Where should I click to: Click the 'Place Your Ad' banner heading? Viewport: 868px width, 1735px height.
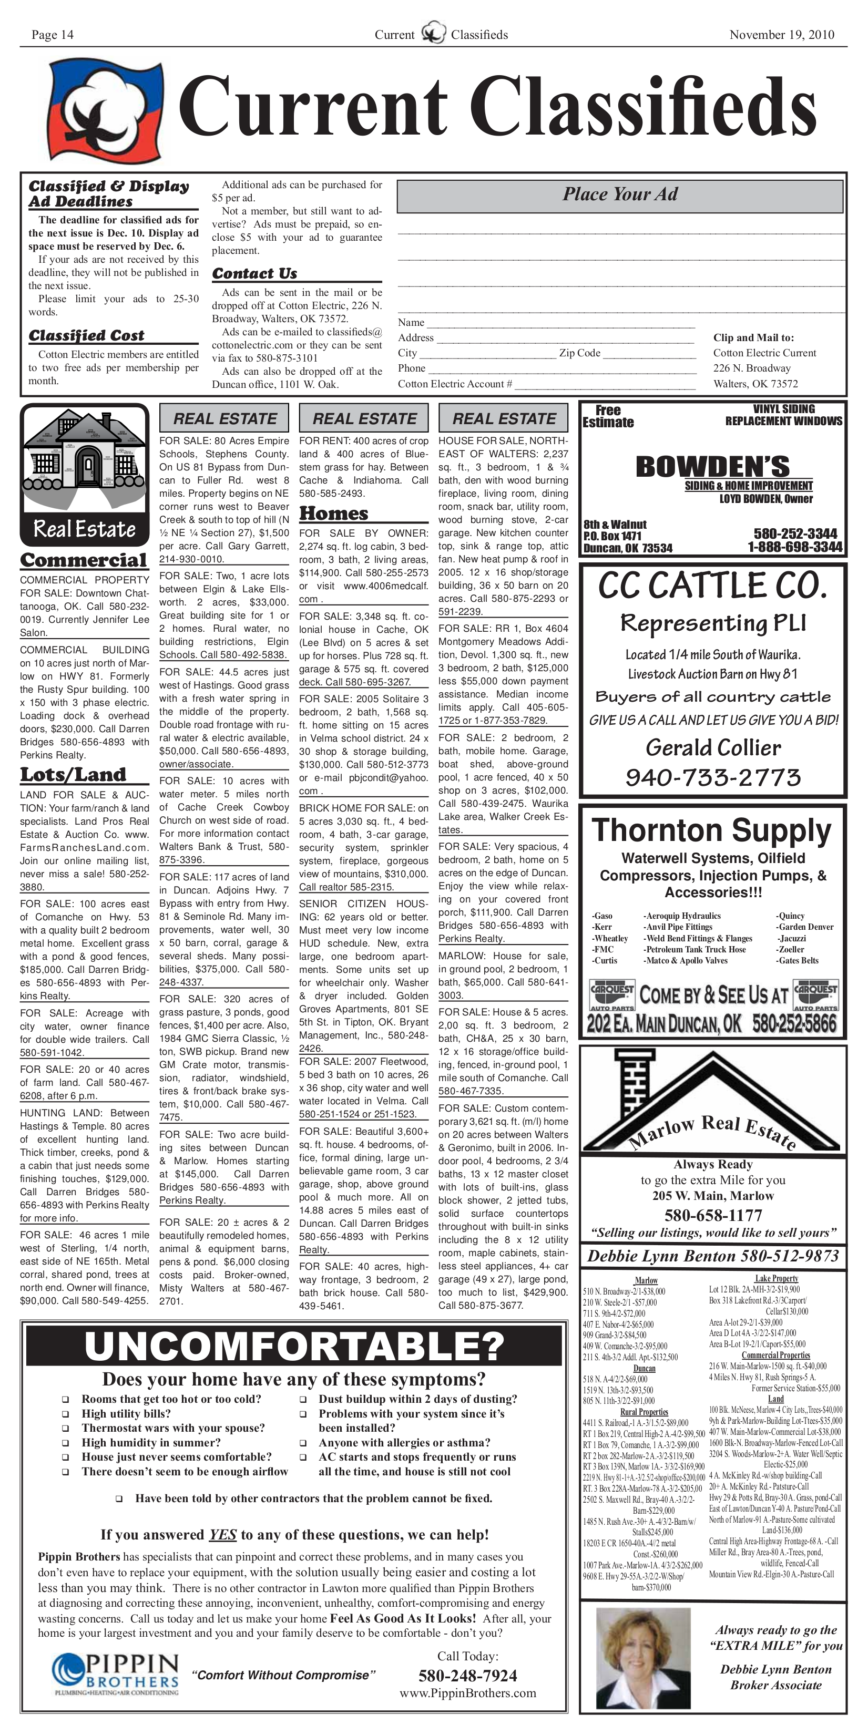tap(620, 194)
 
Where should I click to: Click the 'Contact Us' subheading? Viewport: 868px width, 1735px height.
tap(255, 273)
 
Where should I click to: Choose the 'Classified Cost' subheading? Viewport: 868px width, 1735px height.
tap(86, 335)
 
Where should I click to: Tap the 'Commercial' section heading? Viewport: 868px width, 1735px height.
tap(84, 560)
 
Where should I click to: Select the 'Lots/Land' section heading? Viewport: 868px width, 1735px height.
tap(73, 775)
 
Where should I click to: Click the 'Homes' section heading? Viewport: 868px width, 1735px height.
tap(334, 514)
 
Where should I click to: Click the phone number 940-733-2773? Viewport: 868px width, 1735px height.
tap(713, 778)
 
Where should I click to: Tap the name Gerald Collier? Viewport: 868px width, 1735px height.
tap(713, 747)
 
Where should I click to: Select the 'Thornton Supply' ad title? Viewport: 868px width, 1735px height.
tap(712, 830)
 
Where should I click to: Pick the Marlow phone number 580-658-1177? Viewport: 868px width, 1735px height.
tap(713, 1216)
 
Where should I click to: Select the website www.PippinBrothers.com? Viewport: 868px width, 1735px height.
tap(468, 1692)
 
